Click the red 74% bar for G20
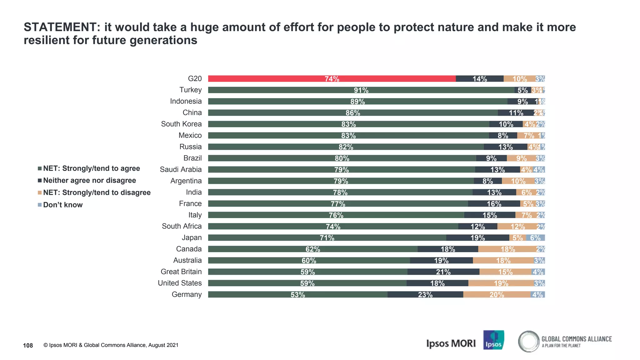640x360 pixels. [x=332, y=79]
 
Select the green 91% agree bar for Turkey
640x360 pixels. [x=361, y=90]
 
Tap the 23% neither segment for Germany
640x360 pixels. [x=425, y=295]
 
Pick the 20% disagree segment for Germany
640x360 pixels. [x=497, y=295]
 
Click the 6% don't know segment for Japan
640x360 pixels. [x=535, y=238]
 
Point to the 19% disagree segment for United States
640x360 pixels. [x=501, y=283]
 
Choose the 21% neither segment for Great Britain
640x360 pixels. [x=443, y=272]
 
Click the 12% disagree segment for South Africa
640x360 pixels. [x=517, y=227]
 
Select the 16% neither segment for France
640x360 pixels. [x=494, y=204]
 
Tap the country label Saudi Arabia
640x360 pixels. [x=181, y=169]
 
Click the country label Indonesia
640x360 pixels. [x=186, y=101]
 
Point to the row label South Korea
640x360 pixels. [x=181, y=124]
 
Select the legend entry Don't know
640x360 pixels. [x=62, y=205]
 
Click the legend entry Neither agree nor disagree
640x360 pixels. [x=89, y=181]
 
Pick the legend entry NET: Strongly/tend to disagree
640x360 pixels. [x=97, y=192]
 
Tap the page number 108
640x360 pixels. [x=28, y=345]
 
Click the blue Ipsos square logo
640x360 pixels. [x=493, y=340]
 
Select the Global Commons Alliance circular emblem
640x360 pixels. [x=528, y=341]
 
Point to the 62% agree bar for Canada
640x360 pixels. [x=312, y=249]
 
